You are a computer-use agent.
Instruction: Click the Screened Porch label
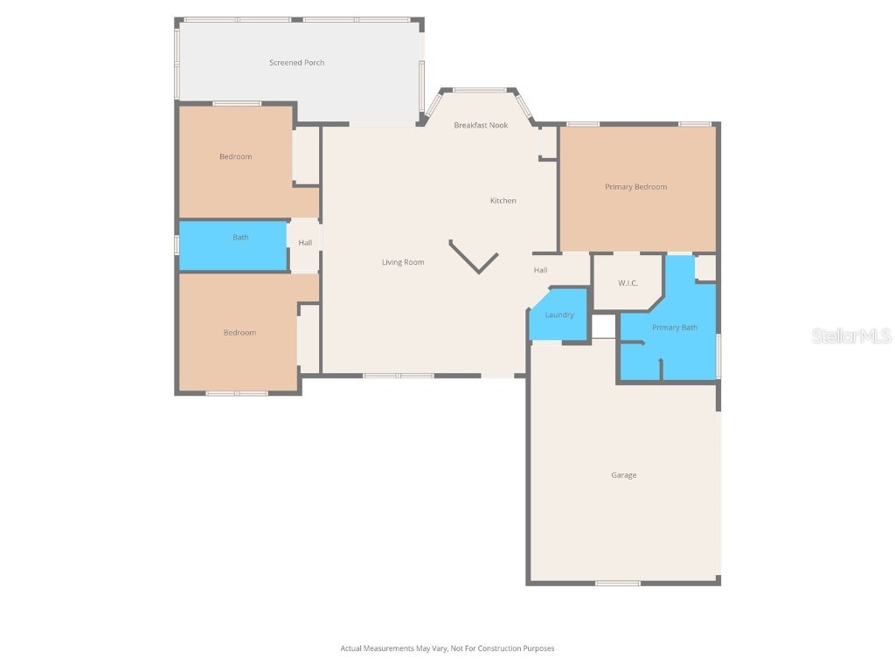pos(296,63)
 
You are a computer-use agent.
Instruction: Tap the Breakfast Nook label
pos(481,125)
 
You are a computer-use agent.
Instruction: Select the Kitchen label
pos(503,201)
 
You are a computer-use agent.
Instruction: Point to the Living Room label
pos(403,262)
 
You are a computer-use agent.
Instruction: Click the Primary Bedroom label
pos(635,187)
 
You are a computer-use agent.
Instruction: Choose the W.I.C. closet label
pos(628,282)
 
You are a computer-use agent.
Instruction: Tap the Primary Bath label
pos(675,328)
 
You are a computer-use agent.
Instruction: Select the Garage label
pos(623,475)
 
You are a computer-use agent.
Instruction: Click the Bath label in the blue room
pos(240,237)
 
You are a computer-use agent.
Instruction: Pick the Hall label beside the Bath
pos(305,243)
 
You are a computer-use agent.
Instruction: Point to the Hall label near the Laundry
pos(541,270)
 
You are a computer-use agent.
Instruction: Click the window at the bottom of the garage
pos(617,583)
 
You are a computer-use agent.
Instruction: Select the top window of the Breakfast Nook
pos(479,90)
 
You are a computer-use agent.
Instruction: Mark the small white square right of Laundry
pos(604,326)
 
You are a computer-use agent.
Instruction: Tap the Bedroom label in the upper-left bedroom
pos(235,156)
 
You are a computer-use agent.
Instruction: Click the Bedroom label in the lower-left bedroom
pos(239,333)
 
